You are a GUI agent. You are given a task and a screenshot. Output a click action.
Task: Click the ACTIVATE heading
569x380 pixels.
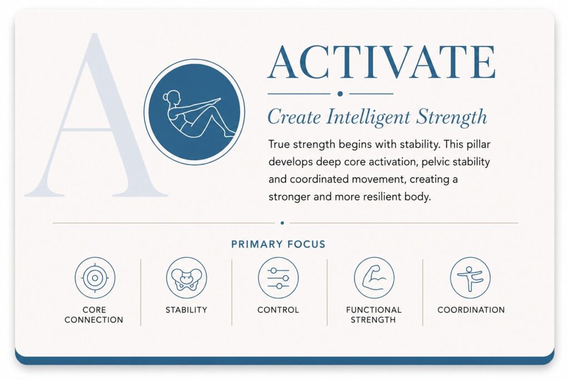[x=381, y=62]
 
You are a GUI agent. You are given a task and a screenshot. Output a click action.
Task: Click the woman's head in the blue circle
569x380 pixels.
[x=173, y=97]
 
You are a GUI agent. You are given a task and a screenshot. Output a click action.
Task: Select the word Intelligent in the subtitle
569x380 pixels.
[x=368, y=117]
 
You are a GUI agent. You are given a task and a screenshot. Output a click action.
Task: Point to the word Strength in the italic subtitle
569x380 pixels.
[x=452, y=117]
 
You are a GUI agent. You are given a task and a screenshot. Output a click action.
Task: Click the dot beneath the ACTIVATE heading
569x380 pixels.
[x=340, y=93]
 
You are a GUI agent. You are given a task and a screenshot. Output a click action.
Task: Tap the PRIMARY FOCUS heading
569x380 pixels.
[x=278, y=244]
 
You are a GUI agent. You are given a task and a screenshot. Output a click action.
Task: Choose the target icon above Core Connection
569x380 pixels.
[x=95, y=278]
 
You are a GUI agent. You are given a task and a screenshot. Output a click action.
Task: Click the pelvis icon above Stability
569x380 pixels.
[x=187, y=278]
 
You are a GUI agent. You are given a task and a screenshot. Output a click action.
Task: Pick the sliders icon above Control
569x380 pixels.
[x=278, y=278]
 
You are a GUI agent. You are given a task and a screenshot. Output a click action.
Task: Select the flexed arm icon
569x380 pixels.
[x=374, y=278]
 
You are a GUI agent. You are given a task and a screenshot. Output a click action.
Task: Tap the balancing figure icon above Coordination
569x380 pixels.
[x=470, y=278]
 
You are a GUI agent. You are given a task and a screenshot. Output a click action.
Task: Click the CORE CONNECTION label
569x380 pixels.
[x=94, y=315]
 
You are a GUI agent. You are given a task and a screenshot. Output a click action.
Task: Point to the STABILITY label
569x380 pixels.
[x=187, y=310]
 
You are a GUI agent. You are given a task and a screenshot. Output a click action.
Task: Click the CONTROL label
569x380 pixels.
[x=278, y=310]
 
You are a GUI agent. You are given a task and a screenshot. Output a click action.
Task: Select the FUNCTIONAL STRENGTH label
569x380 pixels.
[x=374, y=315]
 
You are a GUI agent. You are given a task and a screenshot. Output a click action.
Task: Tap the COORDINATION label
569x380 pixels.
[x=471, y=310]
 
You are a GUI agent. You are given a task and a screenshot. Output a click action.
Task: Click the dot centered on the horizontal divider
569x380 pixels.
[x=282, y=223]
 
